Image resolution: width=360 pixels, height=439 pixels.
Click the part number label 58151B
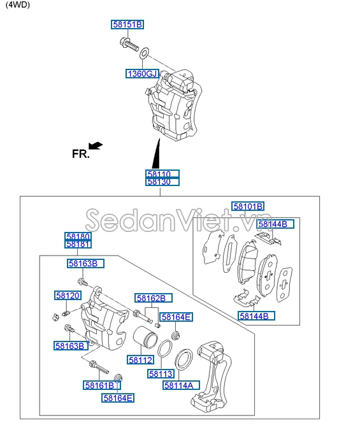pos(127,25)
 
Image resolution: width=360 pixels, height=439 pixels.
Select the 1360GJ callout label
pos(141,74)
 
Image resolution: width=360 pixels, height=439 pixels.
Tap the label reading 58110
pos(162,174)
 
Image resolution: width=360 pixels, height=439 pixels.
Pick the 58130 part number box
pos(162,182)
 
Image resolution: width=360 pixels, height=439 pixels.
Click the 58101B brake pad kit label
pos(247,206)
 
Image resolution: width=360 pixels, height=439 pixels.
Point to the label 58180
pos(78,236)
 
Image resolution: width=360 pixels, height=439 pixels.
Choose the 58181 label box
pos(78,244)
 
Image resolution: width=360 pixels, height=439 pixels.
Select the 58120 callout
pos(68,296)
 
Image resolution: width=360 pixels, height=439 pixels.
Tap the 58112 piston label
pos(140,360)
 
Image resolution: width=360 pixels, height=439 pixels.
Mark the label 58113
pos(161,374)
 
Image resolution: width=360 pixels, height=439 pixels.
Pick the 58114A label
pos(181,385)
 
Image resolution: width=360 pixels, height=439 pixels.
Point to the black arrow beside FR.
pos(96,146)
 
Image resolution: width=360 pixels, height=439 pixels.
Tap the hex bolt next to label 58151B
pos(128,45)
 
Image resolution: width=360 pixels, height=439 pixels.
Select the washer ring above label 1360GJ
pos(145,52)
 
